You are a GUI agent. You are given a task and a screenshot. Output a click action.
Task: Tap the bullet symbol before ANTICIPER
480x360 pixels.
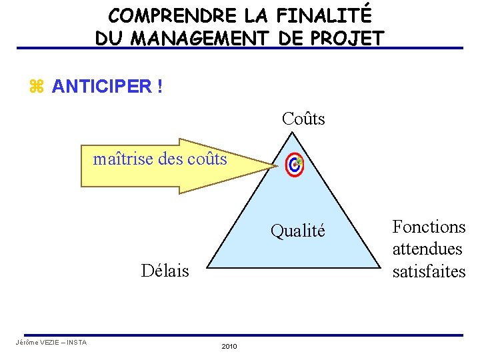(x=36, y=87)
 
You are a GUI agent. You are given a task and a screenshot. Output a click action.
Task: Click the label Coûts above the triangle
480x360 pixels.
(x=303, y=119)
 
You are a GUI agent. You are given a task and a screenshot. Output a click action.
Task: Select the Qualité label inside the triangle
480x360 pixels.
(x=297, y=231)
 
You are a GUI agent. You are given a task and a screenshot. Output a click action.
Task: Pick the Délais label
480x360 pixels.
(x=165, y=271)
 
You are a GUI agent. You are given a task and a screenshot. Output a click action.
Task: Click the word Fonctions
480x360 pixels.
(x=429, y=227)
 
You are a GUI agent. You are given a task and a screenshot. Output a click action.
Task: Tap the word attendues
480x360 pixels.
(x=427, y=249)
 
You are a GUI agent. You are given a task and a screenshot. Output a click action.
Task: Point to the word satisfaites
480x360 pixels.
(x=429, y=271)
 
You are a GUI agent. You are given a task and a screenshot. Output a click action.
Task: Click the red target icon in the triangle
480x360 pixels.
(x=294, y=165)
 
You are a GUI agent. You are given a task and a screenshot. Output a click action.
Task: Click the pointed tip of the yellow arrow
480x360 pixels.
(x=273, y=167)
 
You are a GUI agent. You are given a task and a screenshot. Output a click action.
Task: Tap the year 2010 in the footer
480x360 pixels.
(x=229, y=346)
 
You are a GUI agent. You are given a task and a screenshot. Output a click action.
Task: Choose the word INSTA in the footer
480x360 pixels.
(x=77, y=343)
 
